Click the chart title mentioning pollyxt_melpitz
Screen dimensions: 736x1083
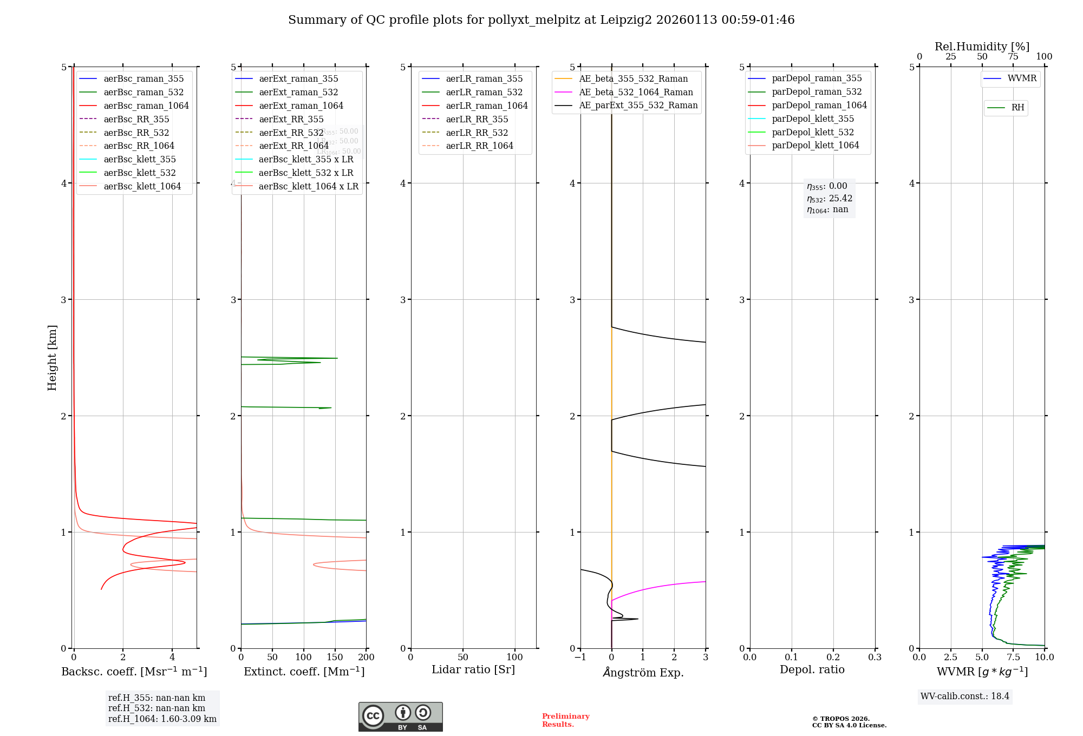pyautogui.click(x=541, y=20)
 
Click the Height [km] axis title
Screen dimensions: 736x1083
pyautogui.click(x=52, y=357)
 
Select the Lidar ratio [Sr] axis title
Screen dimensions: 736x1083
pyautogui.click(x=473, y=669)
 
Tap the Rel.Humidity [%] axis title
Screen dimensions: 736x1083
pyautogui.click(x=982, y=47)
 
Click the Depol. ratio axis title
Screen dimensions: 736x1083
pyautogui.click(x=812, y=669)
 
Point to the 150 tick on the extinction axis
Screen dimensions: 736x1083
pyautogui.click(x=335, y=657)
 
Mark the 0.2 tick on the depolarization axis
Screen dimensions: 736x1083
pyautogui.click(x=833, y=657)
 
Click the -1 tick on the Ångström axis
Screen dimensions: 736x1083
pyautogui.click(x=579, y=657)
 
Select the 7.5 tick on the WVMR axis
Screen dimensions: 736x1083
pyautogui.click(x=1013, y=657)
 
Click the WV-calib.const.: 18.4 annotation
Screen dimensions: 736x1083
pyautogui.click(x=964, y=696)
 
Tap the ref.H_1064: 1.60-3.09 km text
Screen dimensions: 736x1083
pyautogui.click(x=162, y=719)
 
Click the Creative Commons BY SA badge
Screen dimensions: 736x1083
pyautogui.click(x=400, y=717)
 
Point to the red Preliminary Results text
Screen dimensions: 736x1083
pyautogui.click(x=565, y=720)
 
